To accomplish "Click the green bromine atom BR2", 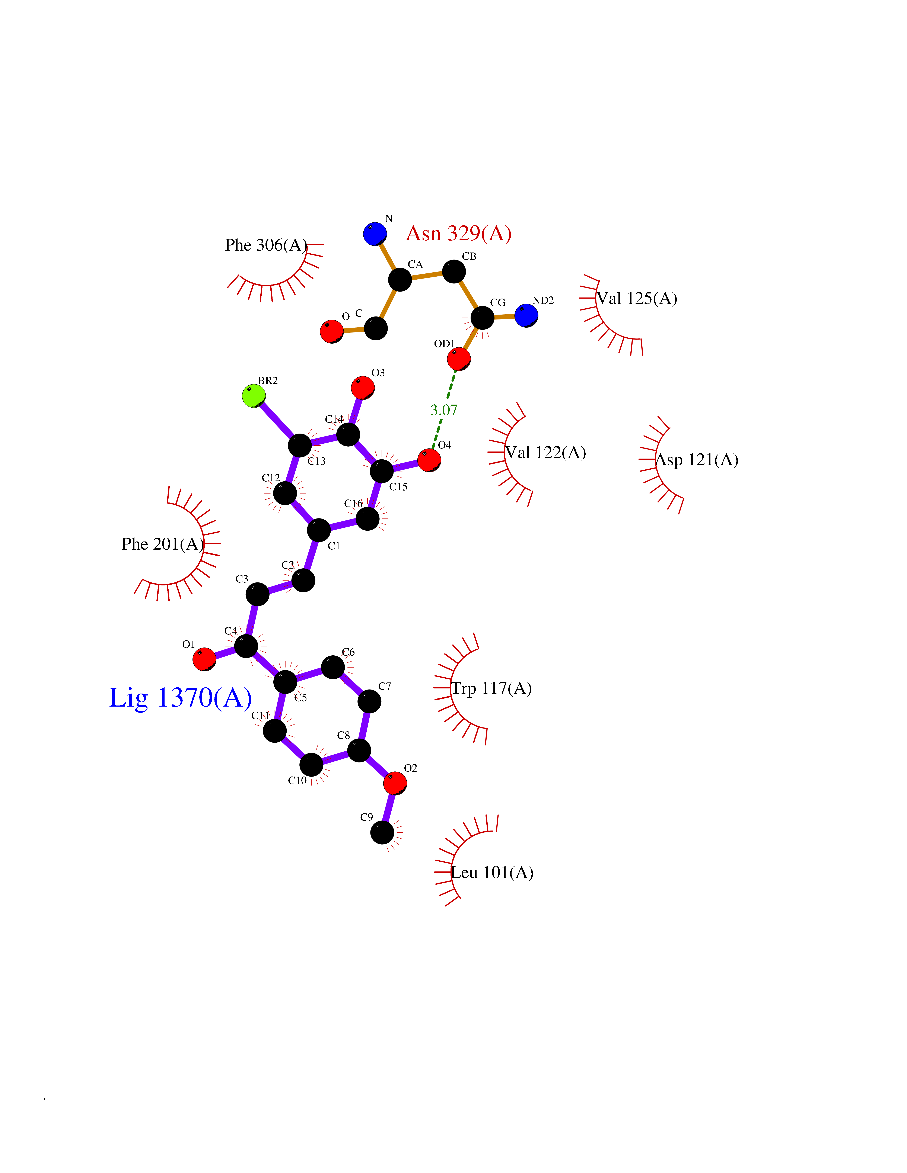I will (254, 396).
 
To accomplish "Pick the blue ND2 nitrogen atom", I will (526, 315).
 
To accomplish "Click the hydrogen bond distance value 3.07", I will (444, 410).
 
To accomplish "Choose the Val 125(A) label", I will (637, 299).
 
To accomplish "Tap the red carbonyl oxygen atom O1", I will (204, 659).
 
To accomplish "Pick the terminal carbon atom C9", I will (382, 832).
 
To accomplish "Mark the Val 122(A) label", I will (545, 453).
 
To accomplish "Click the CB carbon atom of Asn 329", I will (454, 271).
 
